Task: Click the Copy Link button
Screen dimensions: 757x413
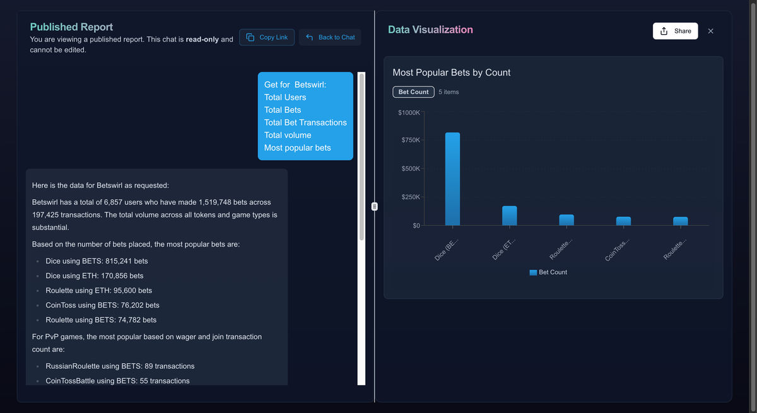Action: click(x=267, y=37)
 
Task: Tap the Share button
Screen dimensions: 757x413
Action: click(x=675, y=31)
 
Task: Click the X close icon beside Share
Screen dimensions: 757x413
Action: click(x=711, y=31)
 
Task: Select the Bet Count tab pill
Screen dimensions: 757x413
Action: click(x=413, y=92)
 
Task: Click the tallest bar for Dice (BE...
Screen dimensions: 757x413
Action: click(x=452, y=179)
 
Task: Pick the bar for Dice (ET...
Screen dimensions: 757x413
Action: click(x=510, y=216)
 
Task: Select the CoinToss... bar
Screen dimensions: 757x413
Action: click(x=623, y=221)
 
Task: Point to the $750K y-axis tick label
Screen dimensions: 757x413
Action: click(x=411, y=140)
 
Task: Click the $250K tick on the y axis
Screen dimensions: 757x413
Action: click(x=411, y=197)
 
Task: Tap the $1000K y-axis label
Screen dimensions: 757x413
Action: click(x=409, y=112)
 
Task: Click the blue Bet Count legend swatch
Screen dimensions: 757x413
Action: click(x=533, y=272)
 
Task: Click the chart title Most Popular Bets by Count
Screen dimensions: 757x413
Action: click(x=452, y=73)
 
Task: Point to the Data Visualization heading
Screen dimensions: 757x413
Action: click(x=430, y=30)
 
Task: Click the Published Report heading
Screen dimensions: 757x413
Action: click(x=71, y=27)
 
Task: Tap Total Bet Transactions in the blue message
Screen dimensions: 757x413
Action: click(x=305, y=122)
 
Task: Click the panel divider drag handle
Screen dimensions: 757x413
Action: click(x=375, y=207)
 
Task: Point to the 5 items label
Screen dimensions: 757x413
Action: click(x=449, y=92)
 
